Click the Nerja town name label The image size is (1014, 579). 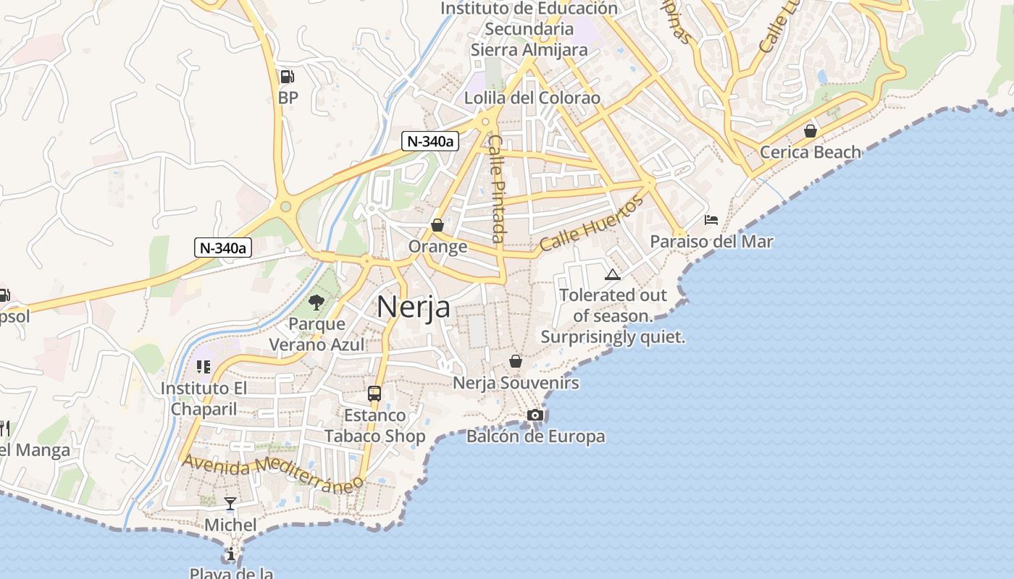click(413, 307)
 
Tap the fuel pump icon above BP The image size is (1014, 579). click(287, 76)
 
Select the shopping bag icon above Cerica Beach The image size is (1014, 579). click(810, 131)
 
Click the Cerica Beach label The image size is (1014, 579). click(810, 152)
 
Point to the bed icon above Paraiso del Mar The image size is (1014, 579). click(711, 220)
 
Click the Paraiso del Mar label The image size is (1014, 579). click(711, 242)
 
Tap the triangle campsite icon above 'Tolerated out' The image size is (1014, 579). click(613, 274)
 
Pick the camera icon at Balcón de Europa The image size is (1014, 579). click(535, 415)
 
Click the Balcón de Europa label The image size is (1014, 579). click(535, 436)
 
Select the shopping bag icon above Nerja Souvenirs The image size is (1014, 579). click(516, 360)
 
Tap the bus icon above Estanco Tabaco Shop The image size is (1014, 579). click(374, 394)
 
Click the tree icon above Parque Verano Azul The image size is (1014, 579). click(316, 302)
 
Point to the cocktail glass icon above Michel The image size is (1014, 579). click(230, 503)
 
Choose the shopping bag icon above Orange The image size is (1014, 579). click(437, 225)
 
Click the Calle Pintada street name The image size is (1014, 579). click(496, 188)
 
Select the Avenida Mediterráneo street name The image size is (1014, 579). click(272, 473)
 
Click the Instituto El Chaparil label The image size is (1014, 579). click(204, 398)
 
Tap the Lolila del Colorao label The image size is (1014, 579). click(532, 98)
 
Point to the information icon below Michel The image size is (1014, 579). click(230, 554)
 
